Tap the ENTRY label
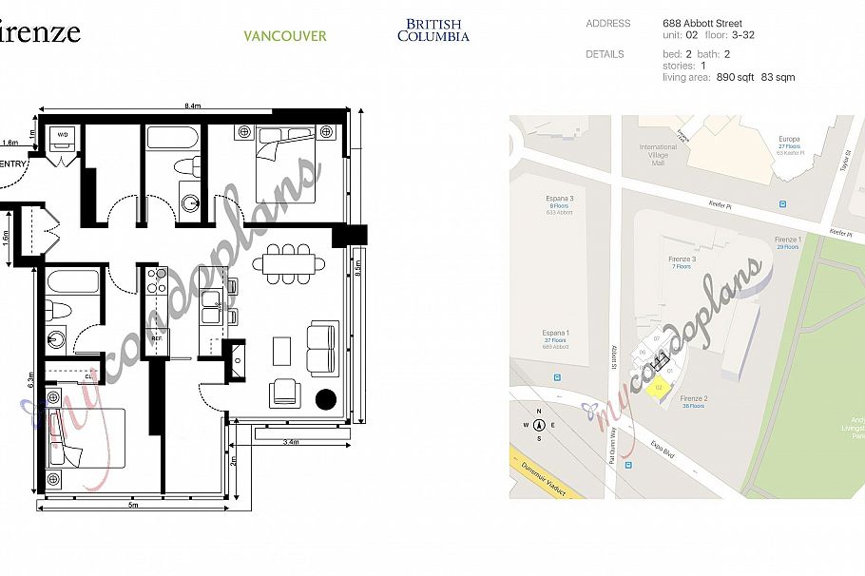(11, 164)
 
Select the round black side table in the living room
(326, 398)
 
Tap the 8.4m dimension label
(193, 106)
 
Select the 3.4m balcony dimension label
(292, 442)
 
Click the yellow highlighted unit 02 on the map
(657, 387)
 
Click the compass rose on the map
(539, 426)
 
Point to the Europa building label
(789, 139)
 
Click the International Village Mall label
(658, 155)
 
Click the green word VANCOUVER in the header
(284, 36)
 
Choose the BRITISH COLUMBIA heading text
(432, 30)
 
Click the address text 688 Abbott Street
(702, 23)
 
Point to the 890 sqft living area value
(736, 78)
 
